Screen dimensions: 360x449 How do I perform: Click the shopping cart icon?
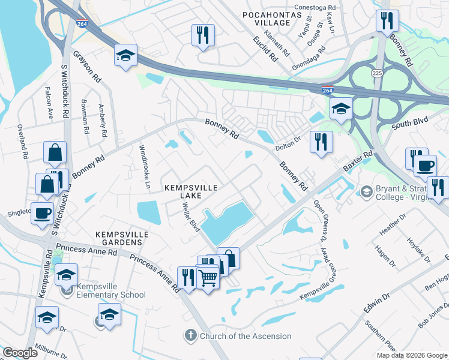208,277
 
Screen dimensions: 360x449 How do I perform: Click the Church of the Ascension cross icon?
190,336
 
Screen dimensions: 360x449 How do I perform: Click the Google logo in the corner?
20,353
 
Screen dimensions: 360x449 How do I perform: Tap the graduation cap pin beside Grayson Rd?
126,56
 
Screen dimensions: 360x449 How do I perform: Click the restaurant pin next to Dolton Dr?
321,142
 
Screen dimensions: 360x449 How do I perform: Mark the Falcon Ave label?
50,103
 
